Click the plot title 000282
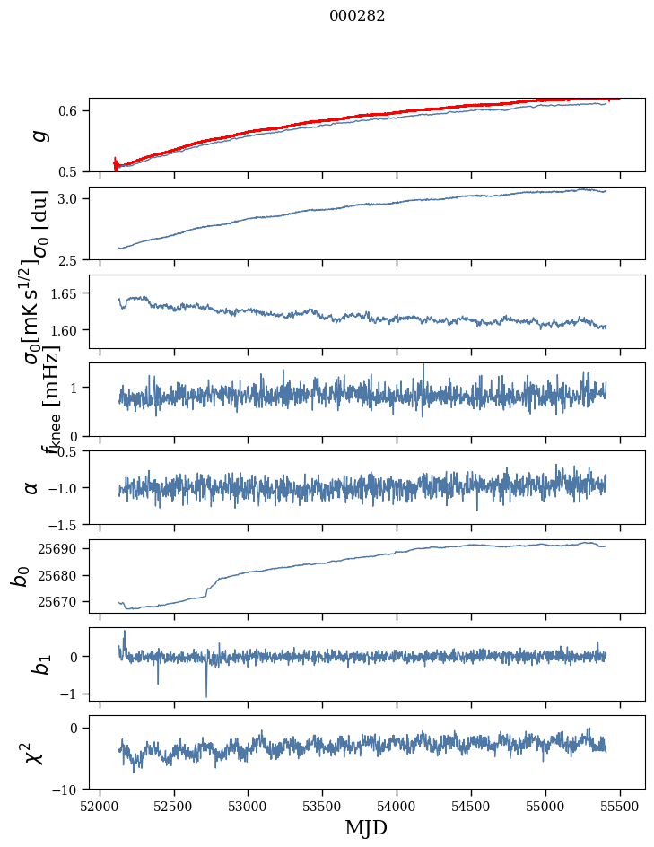point(357,16)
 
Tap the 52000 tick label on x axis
point(100,806)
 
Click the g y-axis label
point(37,135)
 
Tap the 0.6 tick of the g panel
point(72,110)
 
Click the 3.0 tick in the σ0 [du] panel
point(72,198)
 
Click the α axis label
point(32,487)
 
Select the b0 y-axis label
point(20,575)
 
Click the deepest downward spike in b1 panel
point(206,696)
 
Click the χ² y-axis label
point(33,753)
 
